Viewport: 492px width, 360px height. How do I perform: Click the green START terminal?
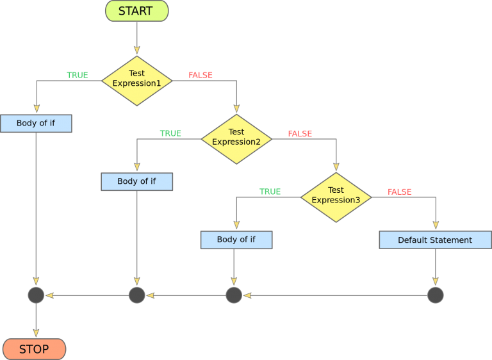click(x=136, y=11)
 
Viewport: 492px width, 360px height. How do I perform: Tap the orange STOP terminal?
click(x=34, y=349)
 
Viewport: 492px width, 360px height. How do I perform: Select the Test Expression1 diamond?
click(x=136, y=81)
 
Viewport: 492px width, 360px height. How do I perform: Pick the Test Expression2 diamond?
click(x=236, y=139)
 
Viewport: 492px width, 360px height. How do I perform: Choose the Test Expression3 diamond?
click(x=336, y=197)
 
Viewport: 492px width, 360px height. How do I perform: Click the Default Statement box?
click(x=435, y=240)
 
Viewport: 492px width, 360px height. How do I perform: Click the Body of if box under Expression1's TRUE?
click(x=36, y=123)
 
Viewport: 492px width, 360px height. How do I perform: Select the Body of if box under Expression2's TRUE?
click(x=136, y=181)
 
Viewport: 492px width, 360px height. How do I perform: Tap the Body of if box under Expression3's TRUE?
click(x=236, y=240)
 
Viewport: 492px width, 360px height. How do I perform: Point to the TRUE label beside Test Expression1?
click(x=77, y=75)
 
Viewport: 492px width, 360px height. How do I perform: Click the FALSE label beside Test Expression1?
click(x=201, y=75)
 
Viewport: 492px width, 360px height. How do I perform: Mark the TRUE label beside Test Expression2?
click(x=170, y=133)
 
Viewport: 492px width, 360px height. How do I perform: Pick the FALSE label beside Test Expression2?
click(x=300, y=133)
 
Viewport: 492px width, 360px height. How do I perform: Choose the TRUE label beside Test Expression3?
click(x=270, y=192)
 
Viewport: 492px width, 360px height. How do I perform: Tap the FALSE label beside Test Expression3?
click(x=399, y=192)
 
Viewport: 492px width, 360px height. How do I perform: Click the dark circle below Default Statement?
click(x=435, y=295)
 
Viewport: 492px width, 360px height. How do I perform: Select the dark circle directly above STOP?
click(x=36, y=295)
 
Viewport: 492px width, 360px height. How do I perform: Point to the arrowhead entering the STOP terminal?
click(x=36, y=334)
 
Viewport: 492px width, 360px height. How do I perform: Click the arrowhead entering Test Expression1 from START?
click(x=136, y=51)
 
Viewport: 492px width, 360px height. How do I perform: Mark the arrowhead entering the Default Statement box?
click(x=436, y=225)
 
